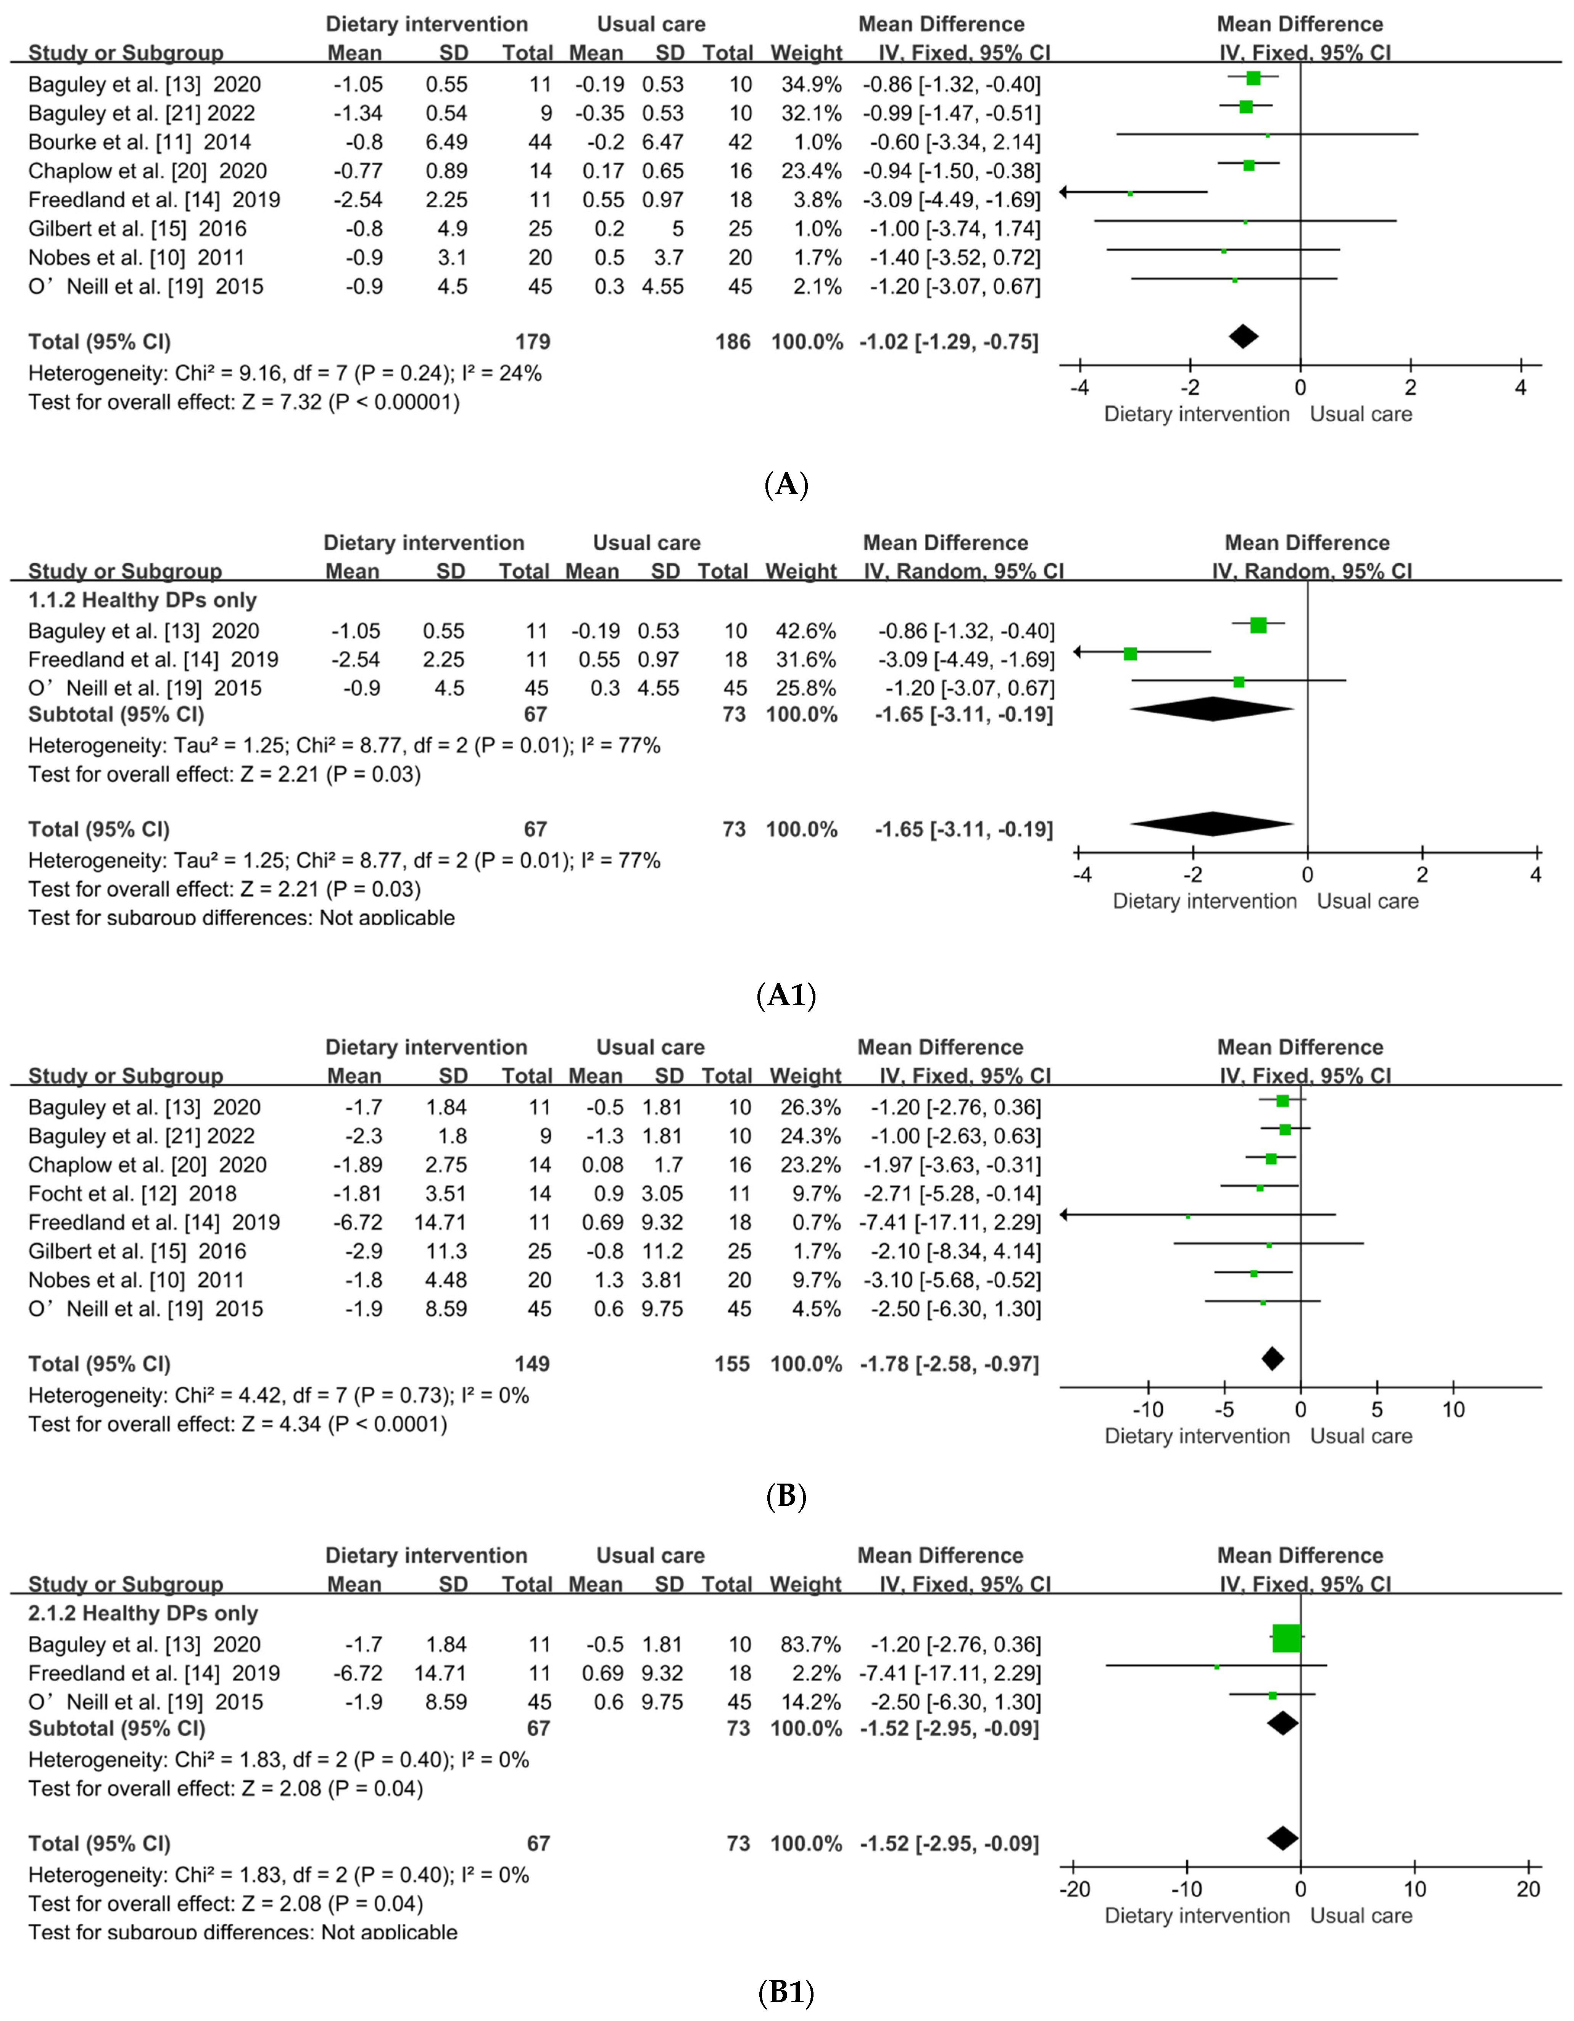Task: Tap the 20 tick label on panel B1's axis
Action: tap(1528, 1889)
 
